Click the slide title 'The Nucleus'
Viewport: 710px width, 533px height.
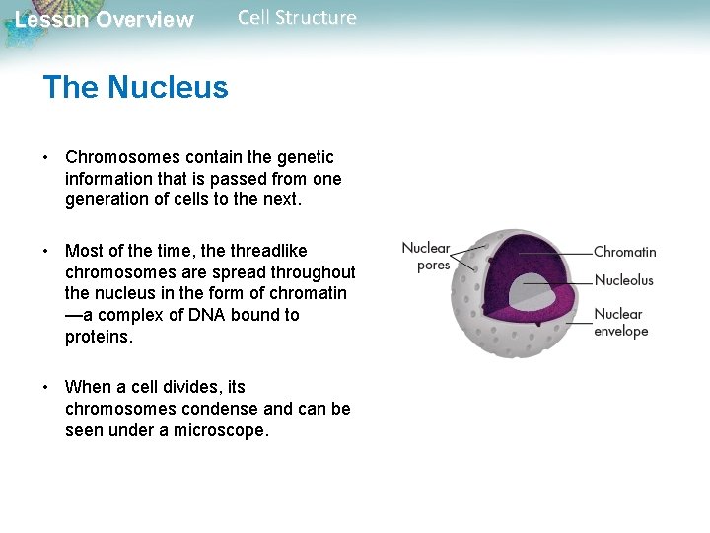pos(135,88)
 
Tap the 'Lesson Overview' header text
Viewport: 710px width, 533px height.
pos(105,20)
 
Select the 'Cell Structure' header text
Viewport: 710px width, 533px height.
pos(297,18)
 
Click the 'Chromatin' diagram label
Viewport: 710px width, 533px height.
pos(624,253)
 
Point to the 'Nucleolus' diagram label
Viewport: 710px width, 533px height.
pos(623,280)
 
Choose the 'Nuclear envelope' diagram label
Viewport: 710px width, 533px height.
pos(620,323)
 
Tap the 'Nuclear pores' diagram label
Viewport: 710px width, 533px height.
pos(426,257)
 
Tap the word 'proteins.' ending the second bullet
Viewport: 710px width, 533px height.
pos(99,338)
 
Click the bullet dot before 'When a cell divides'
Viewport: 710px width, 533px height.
pos(46,387)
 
